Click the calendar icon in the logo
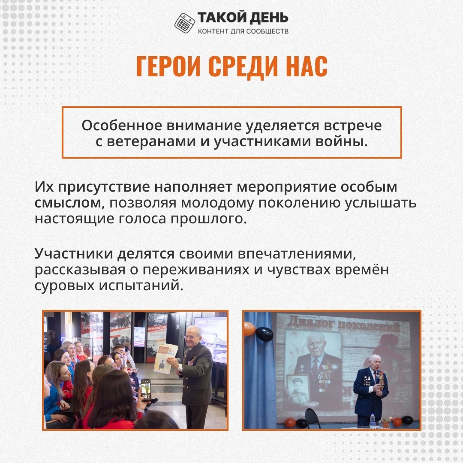pos(184,23)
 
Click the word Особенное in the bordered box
pos(122,126)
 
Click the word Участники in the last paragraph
pos(74,254)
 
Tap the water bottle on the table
pos(373,420)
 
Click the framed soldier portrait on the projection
pos(298,389)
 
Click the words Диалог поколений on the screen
pos(343,324)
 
